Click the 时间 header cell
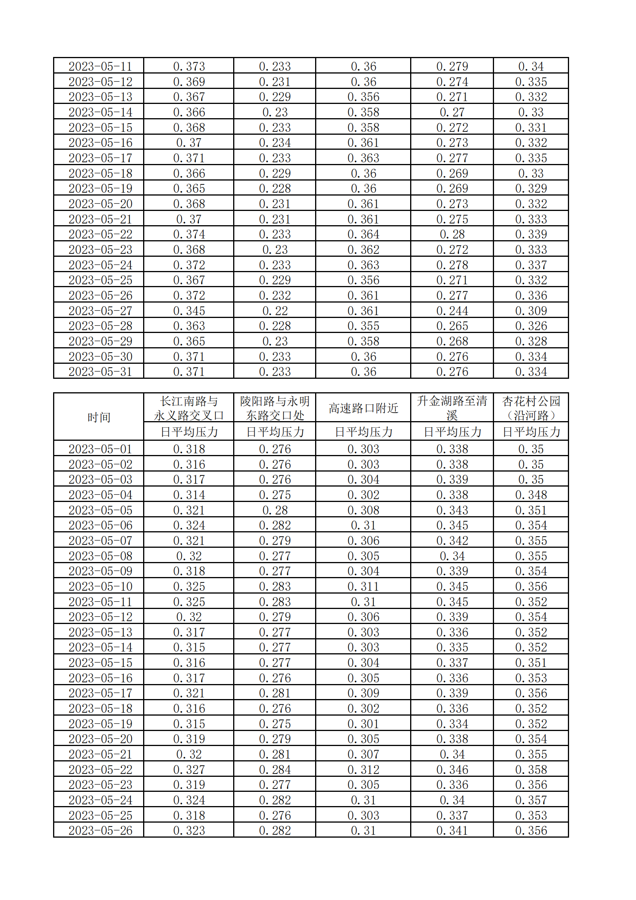click(x=99, y=417)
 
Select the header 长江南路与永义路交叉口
click(x=189, y=408)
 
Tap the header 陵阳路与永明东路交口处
click(x=275, y=408)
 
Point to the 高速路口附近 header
click(x=363, y=408)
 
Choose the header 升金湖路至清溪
click(x=452, y=408)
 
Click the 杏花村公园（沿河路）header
click(x=531, y=408)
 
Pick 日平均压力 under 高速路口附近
click(x=363, y=432)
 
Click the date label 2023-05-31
click(x=100, y=371)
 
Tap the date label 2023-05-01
click(x=100, y=449)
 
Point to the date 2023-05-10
click(x=100, y=586)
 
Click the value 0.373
click(x=189, y=66)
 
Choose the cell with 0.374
click(x=189, y=234)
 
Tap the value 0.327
click(x=189, y=770)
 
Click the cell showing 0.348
click(x=531, y=495)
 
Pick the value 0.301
click(x=363, y=724)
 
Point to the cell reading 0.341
click(x=452, y=831)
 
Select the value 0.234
click(x=275, y=143)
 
